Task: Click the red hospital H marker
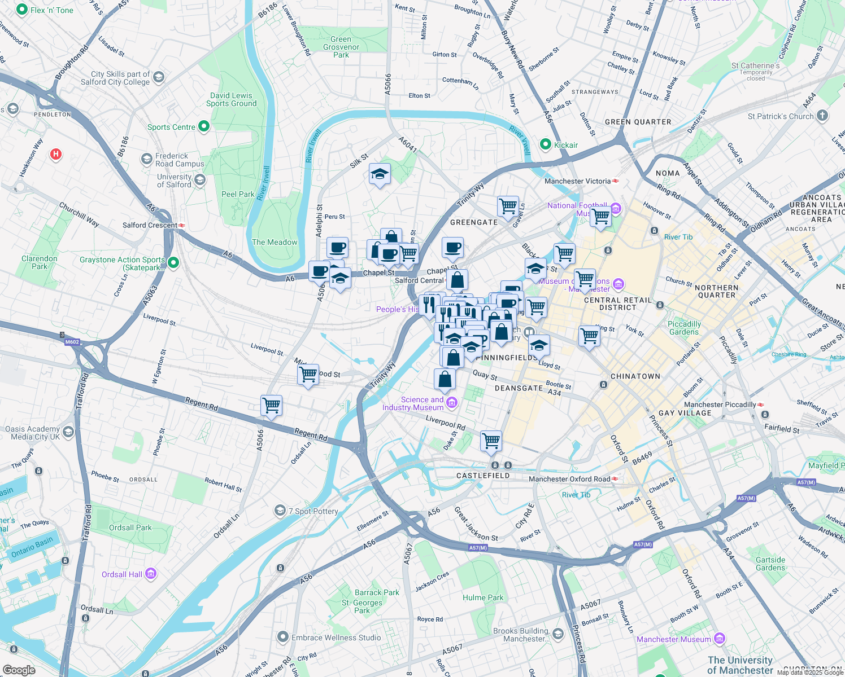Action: click(x=55, y=154)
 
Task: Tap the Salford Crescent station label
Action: click(x=150, y=225)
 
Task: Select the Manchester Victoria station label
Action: click(x=577, y=181)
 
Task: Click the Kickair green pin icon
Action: click(x=545, y=144)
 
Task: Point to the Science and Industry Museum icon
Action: click(x=452, y=403)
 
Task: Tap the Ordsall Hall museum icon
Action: click(x=150, y=574)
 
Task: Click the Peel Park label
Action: click(x=238, y=194)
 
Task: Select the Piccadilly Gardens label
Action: click(x=684, y=328)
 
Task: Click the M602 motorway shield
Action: click(x=72, y=342)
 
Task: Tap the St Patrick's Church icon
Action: click(x=822, y=116)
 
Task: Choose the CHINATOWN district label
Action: click(x=635, y=376)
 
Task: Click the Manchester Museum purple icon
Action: click(x=719, y=639)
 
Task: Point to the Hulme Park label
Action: click(x=483, y=597)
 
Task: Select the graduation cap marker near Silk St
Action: click(x=380, y=175)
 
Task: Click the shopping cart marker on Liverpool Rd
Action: click(x=491, y=442)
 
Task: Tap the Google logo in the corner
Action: click(x=19, y=670)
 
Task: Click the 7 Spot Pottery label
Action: click(x=313, y=511)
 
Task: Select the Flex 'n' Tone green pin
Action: click(x=22, y=10)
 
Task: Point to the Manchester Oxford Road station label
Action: click(x=569, y=479)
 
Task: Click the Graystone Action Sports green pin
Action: click(x=173, y=262)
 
